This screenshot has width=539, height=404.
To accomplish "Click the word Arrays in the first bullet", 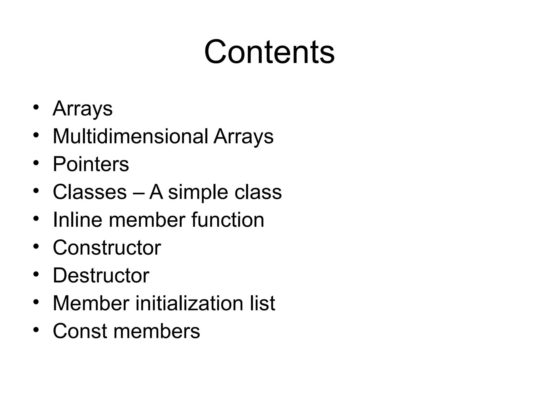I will (x=83, y=108).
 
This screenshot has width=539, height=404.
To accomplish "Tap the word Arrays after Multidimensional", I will (x=243, y=136).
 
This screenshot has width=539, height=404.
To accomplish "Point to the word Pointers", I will (x=91, y=164).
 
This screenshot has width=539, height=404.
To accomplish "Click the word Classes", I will (x=90, y=192).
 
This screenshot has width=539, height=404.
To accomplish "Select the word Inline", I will (x=77, y=220).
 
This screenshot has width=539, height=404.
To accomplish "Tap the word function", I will (x=228, y=220).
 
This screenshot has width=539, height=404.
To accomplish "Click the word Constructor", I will (x=107, y=248).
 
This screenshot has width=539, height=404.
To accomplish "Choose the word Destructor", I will (x=101, y=275).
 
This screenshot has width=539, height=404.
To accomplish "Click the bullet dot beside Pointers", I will (x=36, y=163).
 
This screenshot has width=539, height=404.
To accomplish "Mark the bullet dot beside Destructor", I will (x=36, y=274).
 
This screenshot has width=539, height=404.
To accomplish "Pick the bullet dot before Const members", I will (x=36, y=330).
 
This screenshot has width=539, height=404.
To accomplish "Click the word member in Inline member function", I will (x=147, y=220).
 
